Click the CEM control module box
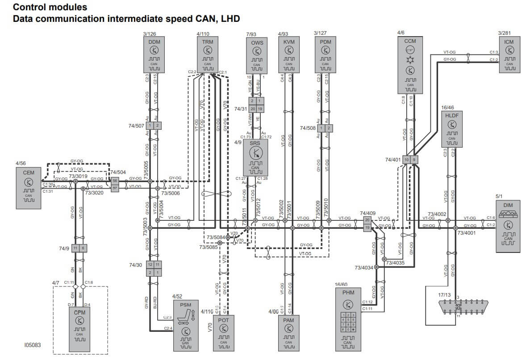(x=29, y=187)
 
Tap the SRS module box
(x=255, y=157)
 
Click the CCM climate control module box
(x=409, y=65)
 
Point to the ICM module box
(x=509, y=54)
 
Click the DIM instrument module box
(x=508, y=226)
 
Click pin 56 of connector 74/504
(x=115, y=181)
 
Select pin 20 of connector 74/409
(x=367, y=220)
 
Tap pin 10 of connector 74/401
(x=406, y=159)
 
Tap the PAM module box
(x=289, y=332)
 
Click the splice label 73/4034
(x=363, y=268)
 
